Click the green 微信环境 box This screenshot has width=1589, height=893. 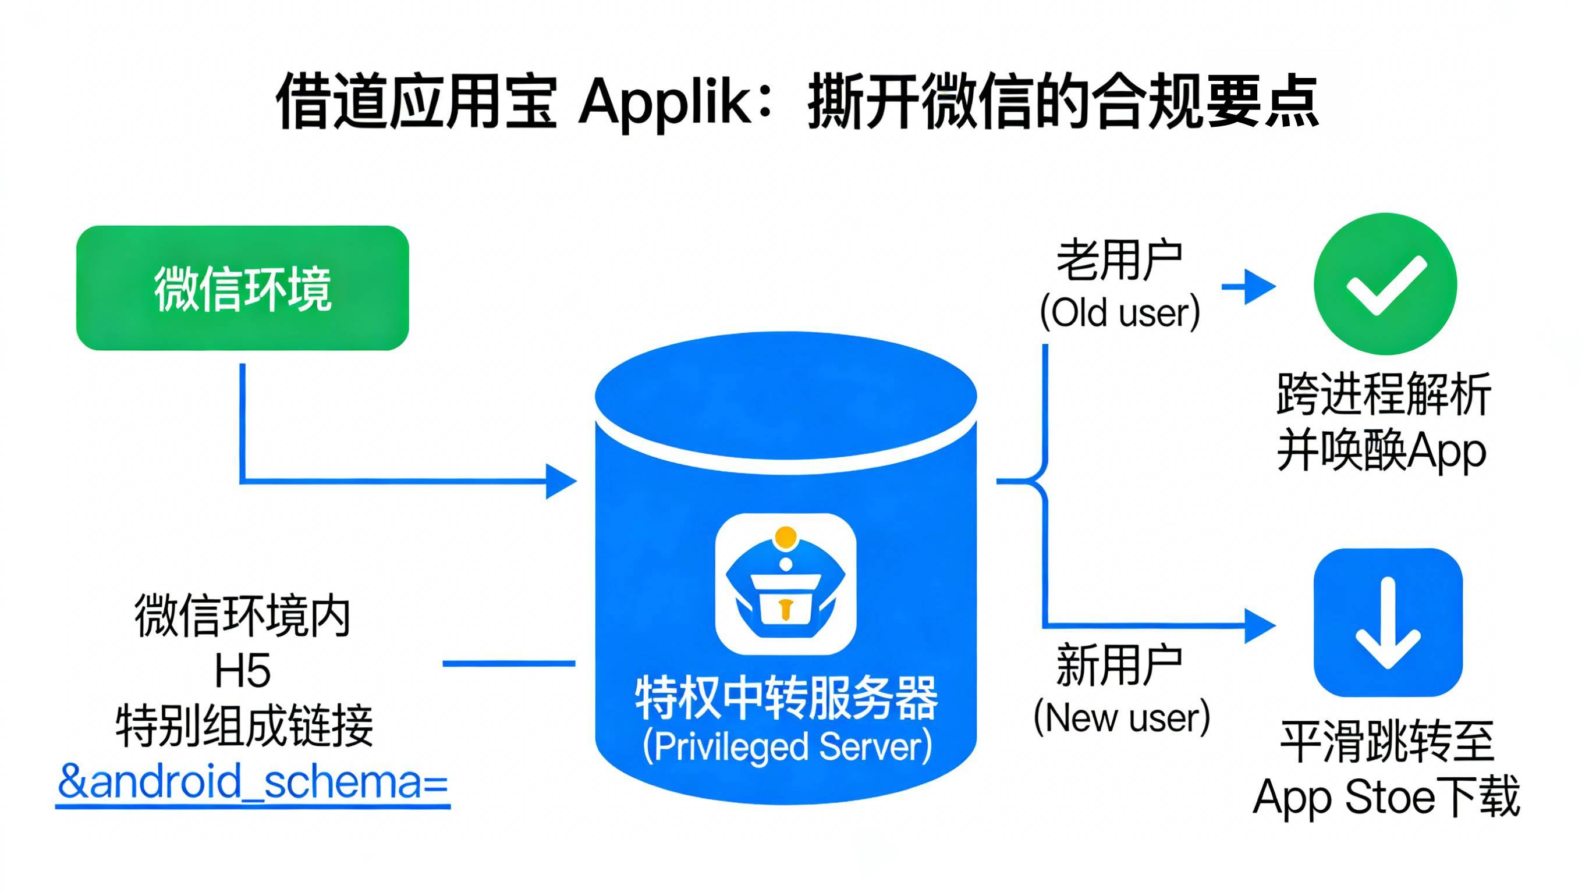point(242,288)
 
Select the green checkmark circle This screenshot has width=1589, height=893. point(1385,284)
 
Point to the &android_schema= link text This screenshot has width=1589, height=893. point(253,782)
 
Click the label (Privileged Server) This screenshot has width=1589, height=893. point(786,747)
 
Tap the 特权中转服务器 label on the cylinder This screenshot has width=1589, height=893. point(786,699)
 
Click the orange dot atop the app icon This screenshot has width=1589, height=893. point(785,536)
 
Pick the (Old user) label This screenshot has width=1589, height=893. point(1120,312)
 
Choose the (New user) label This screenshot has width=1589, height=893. point(1122,718)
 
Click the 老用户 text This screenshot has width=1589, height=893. point(1120,261)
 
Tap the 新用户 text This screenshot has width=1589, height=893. point(1120,666)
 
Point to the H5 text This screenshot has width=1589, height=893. point(242,671)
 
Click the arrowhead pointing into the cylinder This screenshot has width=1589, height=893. point(561,481)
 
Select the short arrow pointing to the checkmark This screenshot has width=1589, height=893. point(1248,287)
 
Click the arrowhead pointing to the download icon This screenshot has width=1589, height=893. point(1260,626)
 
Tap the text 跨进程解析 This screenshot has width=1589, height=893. point(1384,394)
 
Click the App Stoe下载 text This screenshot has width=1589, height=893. point(1386,798)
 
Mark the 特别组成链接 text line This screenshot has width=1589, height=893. point(245,726)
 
